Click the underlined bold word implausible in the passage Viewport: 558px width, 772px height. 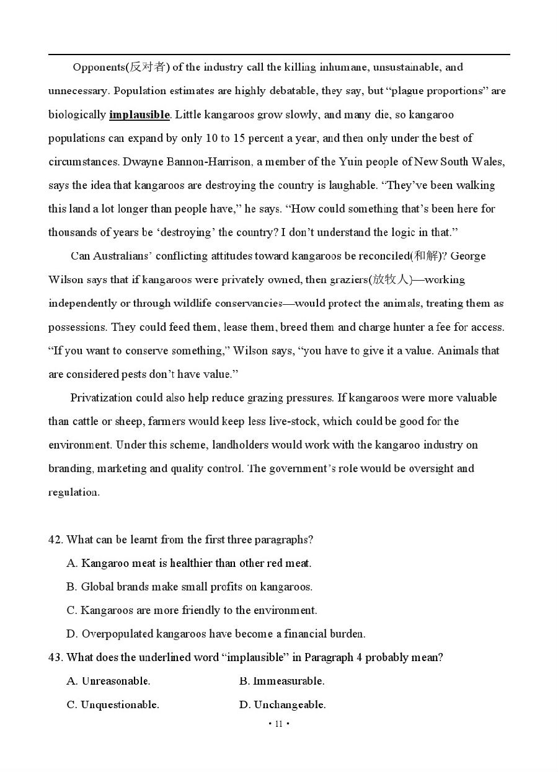pos(139,115)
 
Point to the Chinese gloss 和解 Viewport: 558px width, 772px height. pos(427,256)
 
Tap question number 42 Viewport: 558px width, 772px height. pos(55,540)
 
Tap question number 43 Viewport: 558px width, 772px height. pos(55,657)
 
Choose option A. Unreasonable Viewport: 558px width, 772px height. pos(108,681)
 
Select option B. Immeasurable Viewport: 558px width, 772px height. pos(281,681)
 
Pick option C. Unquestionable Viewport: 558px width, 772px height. pos(113,704)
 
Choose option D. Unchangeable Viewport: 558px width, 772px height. pos(282,704)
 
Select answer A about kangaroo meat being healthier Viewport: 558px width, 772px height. pos(189,563)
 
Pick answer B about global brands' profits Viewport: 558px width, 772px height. pos(189,587)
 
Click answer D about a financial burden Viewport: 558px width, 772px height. pos(216,634)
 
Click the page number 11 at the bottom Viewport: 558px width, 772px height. pos(278,724)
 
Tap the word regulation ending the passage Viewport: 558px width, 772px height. pos(74,493)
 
